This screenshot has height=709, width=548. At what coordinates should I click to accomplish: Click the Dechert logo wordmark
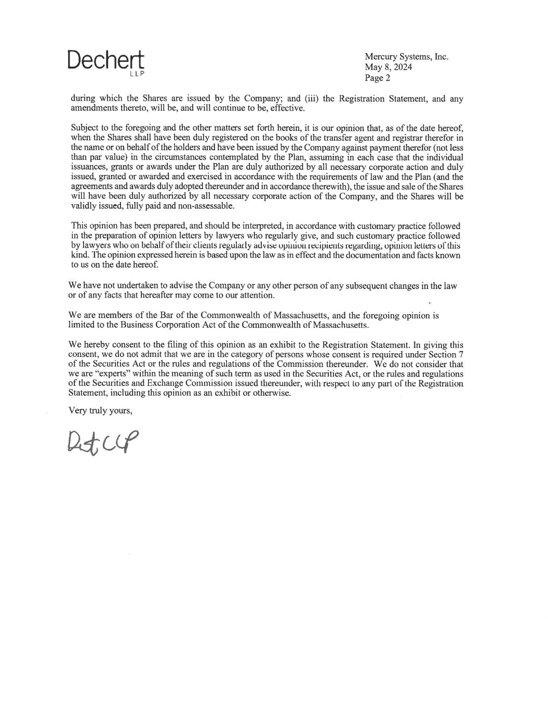pos(105,61)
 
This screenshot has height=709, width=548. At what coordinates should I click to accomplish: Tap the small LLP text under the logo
pos(137,74)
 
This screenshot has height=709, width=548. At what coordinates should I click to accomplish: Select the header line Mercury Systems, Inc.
pos(406,57)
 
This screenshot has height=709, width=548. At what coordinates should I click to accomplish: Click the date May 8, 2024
pos(389,67)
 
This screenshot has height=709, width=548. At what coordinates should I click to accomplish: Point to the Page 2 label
pos(377,78)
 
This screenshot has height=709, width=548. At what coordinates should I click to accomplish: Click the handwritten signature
pos(103,443)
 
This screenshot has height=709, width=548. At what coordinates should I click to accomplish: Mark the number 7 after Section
pos(461,354)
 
